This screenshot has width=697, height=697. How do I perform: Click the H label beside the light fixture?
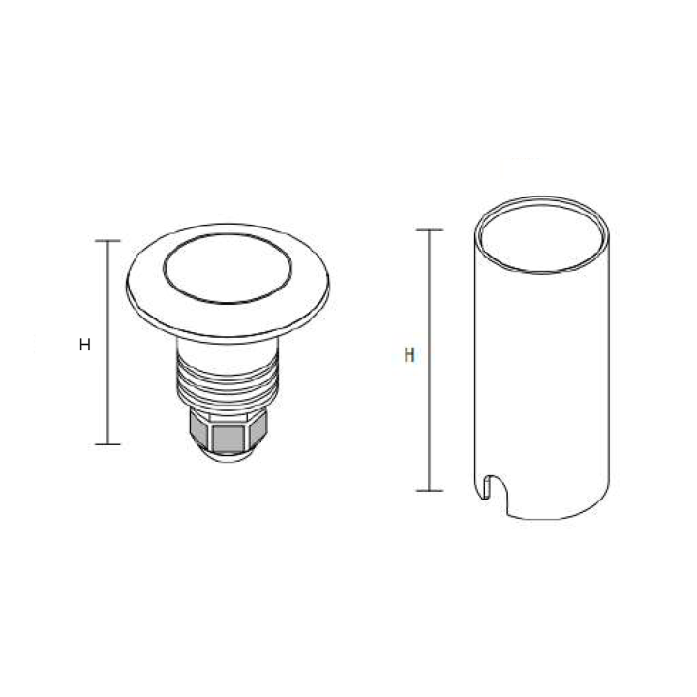click(x=85, y=345)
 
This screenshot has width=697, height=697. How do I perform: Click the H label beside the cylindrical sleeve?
click(x=409, y=355)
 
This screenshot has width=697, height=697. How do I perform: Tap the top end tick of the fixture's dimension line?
click(x=107, y=240)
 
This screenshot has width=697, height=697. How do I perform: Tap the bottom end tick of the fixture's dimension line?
click(x=107, y=444)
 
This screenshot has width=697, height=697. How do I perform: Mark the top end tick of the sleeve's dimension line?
click(x=429, y=230)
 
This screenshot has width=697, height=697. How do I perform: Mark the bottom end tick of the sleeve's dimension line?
click(x=429, y=490)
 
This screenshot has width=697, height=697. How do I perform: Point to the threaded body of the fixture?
click(x=228, y=382)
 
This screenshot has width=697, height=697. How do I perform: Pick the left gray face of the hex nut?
click(x=197, y=432)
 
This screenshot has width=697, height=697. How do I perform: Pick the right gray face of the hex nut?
click(x=260, y=432)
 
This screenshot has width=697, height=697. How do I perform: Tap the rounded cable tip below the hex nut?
click(x=228, y=457)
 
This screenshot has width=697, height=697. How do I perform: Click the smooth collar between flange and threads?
click(x=228, y=347)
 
